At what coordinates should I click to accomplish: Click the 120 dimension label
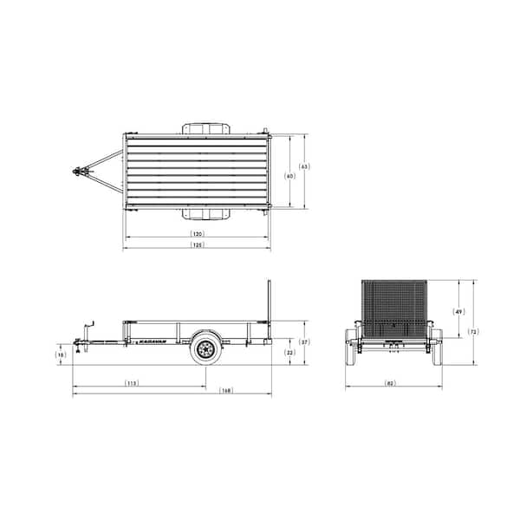coord(198,235)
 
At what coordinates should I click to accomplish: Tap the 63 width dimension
coord(303,166)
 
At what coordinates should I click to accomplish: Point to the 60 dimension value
coord(289,176)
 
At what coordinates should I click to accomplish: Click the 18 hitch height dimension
coord(60,354)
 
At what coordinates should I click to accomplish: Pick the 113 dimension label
coord(132,382)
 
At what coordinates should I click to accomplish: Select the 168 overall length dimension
coord(225,391)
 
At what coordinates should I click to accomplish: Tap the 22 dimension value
coord(290,353)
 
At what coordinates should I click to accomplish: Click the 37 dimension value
coord(303,342)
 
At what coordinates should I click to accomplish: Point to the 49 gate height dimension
coord(458,311)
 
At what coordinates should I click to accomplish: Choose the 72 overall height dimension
coord(473,332)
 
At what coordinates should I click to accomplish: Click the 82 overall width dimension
coord(391,382)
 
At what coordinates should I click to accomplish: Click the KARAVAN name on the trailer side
coord(153,341)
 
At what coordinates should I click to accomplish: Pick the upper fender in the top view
coord(205,128)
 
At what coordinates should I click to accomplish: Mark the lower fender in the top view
coord(205,214)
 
